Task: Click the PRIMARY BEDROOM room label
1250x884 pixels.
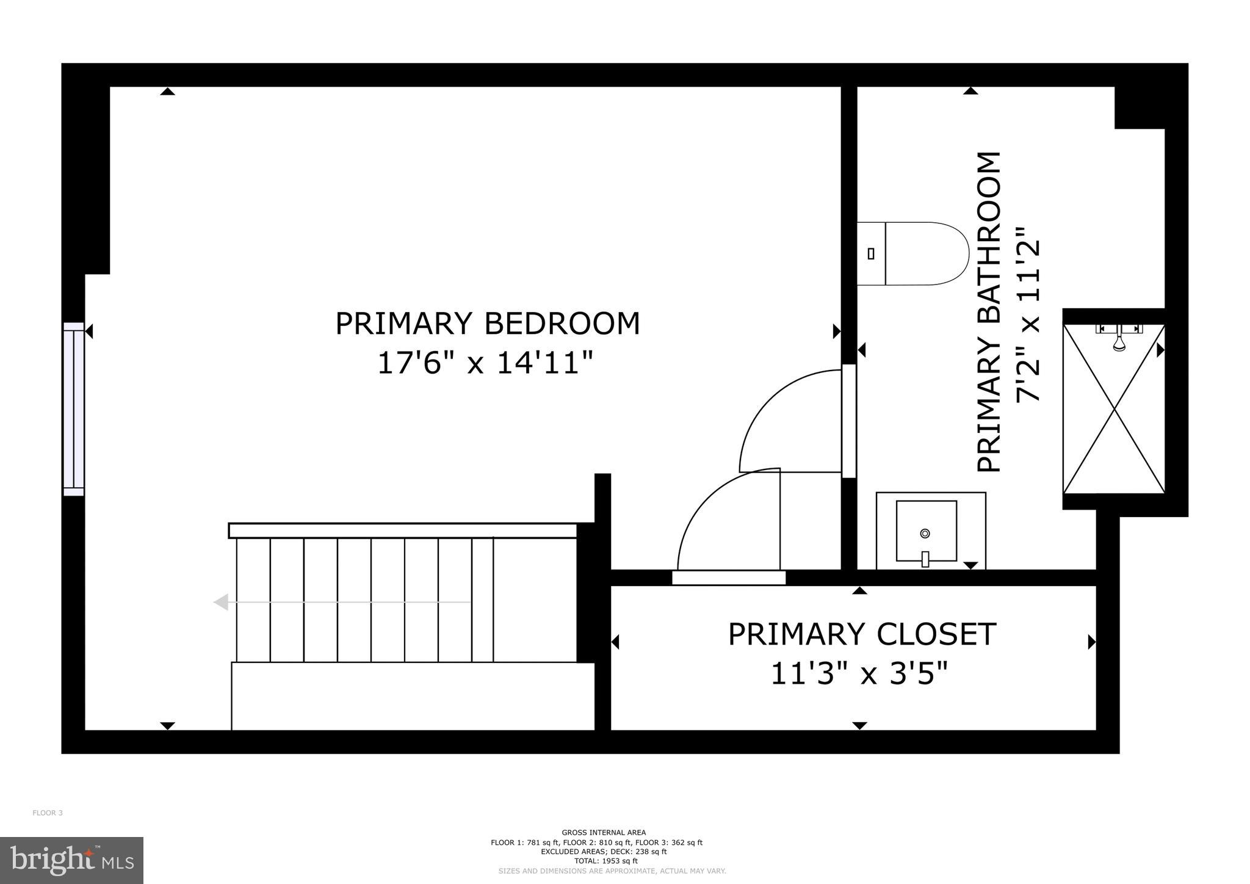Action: [487, 324]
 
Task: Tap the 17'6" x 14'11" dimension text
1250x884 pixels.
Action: [485, 363]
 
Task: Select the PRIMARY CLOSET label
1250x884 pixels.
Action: [862, 634]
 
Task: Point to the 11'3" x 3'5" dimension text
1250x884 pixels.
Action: [859, 674]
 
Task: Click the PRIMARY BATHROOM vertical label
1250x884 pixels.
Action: [989, 312]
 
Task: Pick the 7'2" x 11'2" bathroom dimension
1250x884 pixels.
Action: [1028, 314]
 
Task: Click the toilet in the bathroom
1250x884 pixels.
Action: [916, 253]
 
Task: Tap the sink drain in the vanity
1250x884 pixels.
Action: [925, 533]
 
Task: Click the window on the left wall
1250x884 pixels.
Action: [74, 409]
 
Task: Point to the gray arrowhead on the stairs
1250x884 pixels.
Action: [221, 603]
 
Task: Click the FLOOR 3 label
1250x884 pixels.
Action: [48, 813]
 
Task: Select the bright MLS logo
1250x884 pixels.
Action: [71, 860]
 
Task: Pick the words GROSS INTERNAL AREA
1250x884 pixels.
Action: [603, 832]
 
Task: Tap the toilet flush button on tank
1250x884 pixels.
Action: [871, 253]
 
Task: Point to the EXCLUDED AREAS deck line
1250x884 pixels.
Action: [603, 852]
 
